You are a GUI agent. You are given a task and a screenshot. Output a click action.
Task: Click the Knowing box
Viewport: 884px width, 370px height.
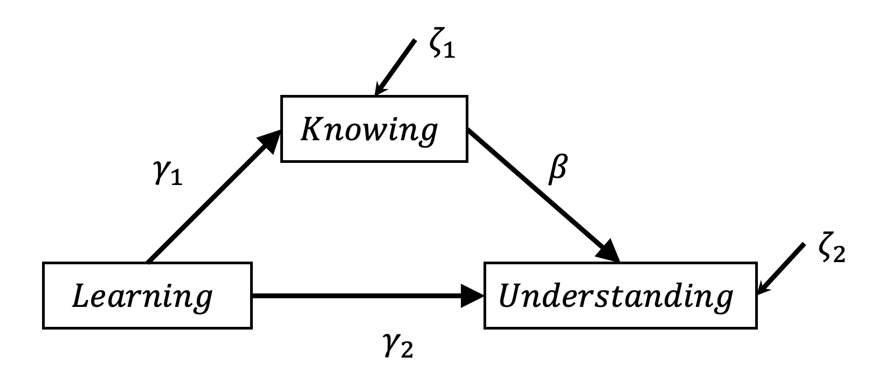click(374, 128)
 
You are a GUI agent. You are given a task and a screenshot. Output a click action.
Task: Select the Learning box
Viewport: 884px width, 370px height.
click(147, 295)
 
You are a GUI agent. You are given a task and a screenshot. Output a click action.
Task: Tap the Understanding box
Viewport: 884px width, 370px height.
click(620, 295)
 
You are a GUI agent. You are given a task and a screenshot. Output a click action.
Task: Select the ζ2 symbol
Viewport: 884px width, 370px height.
click(831, 251)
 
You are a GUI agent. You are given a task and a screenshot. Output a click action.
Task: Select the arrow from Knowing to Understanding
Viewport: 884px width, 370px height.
click(539, 191)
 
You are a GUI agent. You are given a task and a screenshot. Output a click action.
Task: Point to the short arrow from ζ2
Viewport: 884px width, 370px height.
click(782, 270)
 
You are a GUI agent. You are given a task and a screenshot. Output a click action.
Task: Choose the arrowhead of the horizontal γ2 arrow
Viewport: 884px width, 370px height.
click(473, 296)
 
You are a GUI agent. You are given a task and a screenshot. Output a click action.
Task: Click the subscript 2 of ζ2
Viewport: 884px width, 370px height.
click(839, 256)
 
